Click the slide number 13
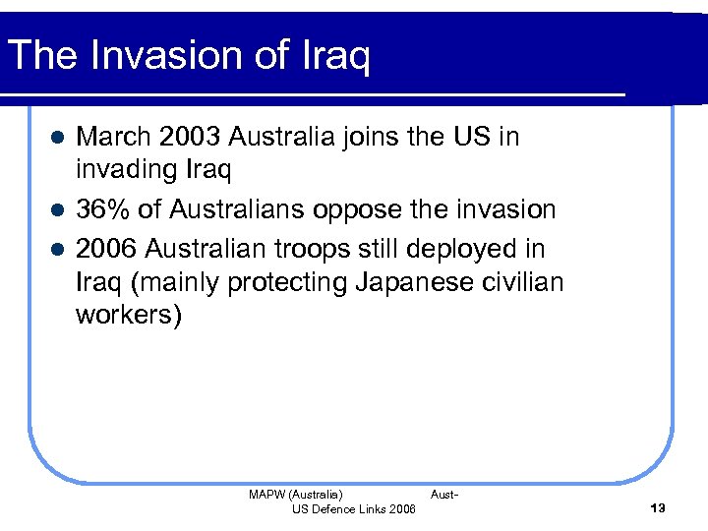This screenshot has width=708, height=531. point(658,507)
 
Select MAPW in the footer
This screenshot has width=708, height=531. point(266,495)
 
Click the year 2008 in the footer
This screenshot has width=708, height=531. point(402,508)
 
